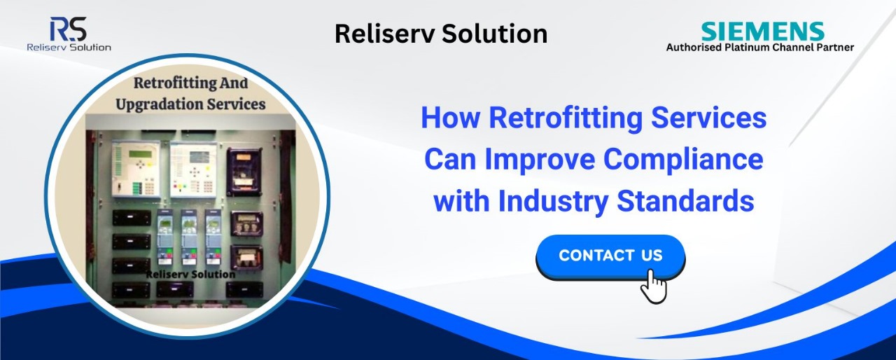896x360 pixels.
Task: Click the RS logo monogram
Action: coord(68,29)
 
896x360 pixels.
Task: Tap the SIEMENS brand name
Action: coord(762,32)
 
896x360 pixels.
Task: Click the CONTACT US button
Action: coord(610,256)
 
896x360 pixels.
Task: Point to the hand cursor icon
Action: coord(654,286)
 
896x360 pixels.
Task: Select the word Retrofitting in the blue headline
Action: coord(566,118)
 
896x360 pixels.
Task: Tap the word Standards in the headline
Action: coord(685,201)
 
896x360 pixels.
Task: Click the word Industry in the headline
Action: coord(553,202)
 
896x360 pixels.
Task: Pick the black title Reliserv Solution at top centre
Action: coord(441,34)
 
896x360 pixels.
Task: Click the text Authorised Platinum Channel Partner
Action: coord(759,48)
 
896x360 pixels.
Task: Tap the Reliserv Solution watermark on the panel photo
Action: coord(190,275)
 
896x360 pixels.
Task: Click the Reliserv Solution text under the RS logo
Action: coord(69,47)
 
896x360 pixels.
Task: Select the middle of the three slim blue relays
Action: coord(189,237)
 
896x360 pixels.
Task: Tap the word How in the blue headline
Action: coord(450,118)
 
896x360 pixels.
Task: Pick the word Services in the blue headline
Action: coord(709,118)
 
